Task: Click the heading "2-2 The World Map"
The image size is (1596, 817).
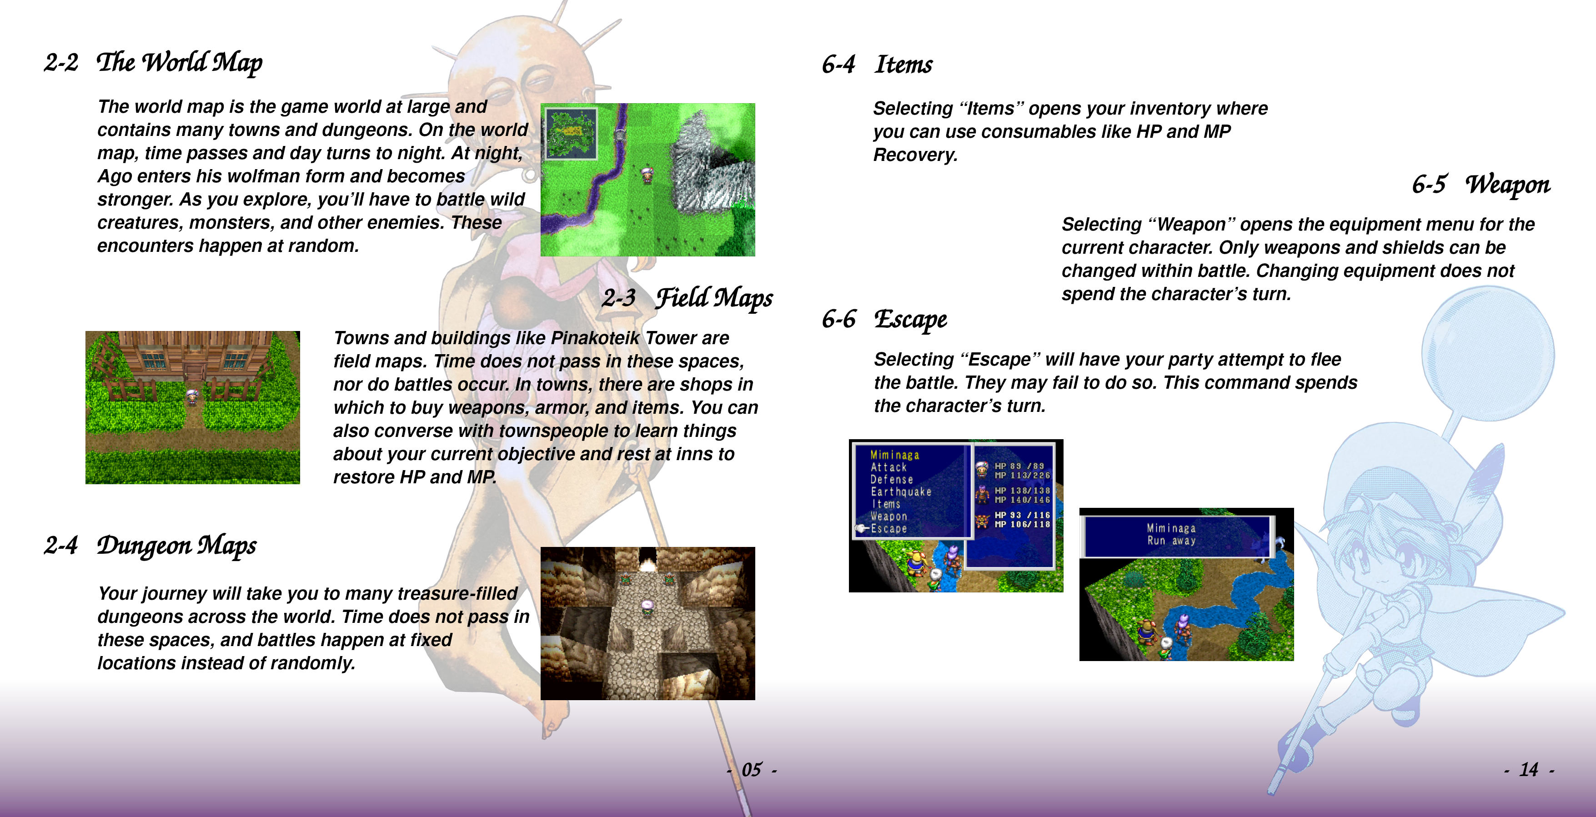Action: tap(153, 63)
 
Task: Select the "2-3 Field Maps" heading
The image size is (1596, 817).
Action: tap(688, 298)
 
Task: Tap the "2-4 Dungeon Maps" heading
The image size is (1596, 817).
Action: tap(150, 546)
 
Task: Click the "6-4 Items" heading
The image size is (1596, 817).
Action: tap(877, 65)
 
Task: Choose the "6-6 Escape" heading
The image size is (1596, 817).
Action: tap(884, 320)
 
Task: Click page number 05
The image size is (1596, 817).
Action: tap(752, 770)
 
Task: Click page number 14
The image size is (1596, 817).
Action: tap(1528, 770)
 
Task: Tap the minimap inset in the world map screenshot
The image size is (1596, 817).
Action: tap(571, 134)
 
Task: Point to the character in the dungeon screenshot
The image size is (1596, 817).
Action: tap(647, 607)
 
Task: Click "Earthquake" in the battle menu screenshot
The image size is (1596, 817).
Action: tap(900, 492)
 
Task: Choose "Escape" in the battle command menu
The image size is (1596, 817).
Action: tap(888, 529)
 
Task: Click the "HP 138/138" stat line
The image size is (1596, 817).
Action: tap(1022, 491)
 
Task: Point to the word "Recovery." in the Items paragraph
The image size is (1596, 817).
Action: tap(915, 155)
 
